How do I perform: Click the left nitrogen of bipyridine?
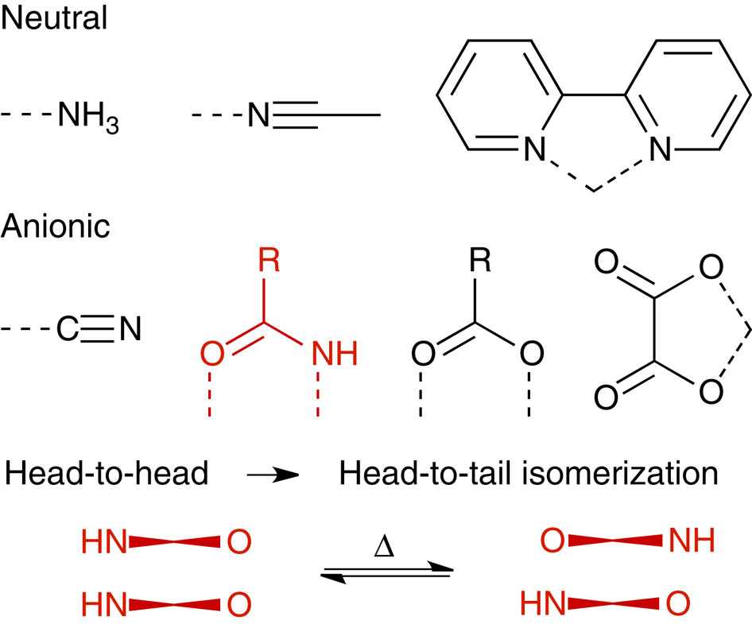coord(541,148)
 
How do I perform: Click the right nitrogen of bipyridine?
coord(659,148)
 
